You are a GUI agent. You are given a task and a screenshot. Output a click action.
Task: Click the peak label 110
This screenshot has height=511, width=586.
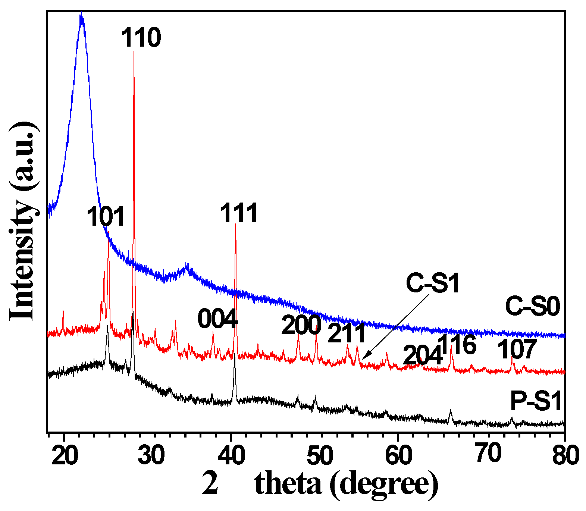pyautogui.click(x=141, y=38)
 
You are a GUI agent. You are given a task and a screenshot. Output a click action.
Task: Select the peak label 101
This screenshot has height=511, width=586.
pyautogui.click(x=106, y=217)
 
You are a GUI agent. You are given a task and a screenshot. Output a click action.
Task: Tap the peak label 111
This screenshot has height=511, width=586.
pyautogui.click(x=239, y=213)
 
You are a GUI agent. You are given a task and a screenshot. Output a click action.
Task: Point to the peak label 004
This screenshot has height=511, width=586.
pyautogui.click(x=217, y=319)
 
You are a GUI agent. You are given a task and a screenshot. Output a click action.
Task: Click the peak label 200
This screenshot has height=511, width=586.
pyautogui.click(x=301, y=325)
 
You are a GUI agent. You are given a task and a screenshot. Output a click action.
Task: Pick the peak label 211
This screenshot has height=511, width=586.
pyautogui.click(x=347, y=333)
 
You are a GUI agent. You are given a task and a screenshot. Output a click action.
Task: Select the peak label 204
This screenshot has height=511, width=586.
pyautogui.click(x=423, y=355)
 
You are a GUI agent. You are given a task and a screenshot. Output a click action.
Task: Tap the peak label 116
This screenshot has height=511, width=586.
pyautogui.click(x=457, y=345)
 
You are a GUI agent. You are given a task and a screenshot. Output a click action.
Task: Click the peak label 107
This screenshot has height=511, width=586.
pyautogui.click(x=517, y=349)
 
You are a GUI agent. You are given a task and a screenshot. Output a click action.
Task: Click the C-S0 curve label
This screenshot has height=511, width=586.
pyautogui.click(x=532, y=307)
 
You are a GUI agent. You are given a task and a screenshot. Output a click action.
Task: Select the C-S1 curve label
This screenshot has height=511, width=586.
pyautogui.click(x=433, y=283)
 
